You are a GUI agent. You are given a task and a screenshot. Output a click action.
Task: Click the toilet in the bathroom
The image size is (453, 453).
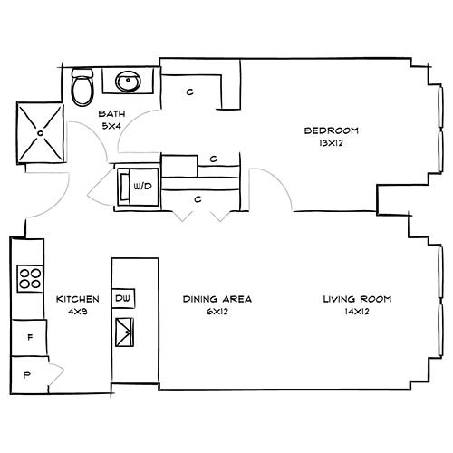[x=82, y=86]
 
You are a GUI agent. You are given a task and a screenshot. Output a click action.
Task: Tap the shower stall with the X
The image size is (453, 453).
[x=38, y=132]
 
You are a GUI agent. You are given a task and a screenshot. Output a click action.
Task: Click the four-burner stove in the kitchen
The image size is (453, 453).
[x=29, y=278]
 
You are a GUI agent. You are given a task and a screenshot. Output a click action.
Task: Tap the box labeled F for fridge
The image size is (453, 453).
[x=30, y=337]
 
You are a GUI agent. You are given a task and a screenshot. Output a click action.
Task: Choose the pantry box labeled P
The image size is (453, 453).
[x=26, y=371]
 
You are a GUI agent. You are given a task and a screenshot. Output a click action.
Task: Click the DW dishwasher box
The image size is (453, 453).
[x=123, y=298]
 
